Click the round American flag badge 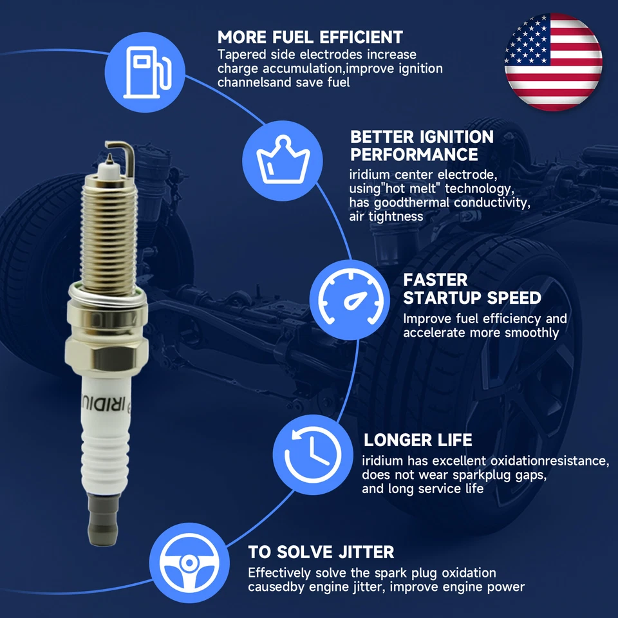click(x=553, y=62)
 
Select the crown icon click(x=283, y=161)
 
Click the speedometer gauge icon click(x=350, y=300)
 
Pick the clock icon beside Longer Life click(x=313, y=455)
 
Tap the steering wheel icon click(x=189, y=563)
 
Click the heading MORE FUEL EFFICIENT click(x=310, y=37)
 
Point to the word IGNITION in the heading click(x=457, y=137)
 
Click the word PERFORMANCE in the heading click(x=414, y=154)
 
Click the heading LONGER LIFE click(x=418, y=440)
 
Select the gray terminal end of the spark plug click(x=103, y=520)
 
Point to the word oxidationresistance click(x=549, y=461)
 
